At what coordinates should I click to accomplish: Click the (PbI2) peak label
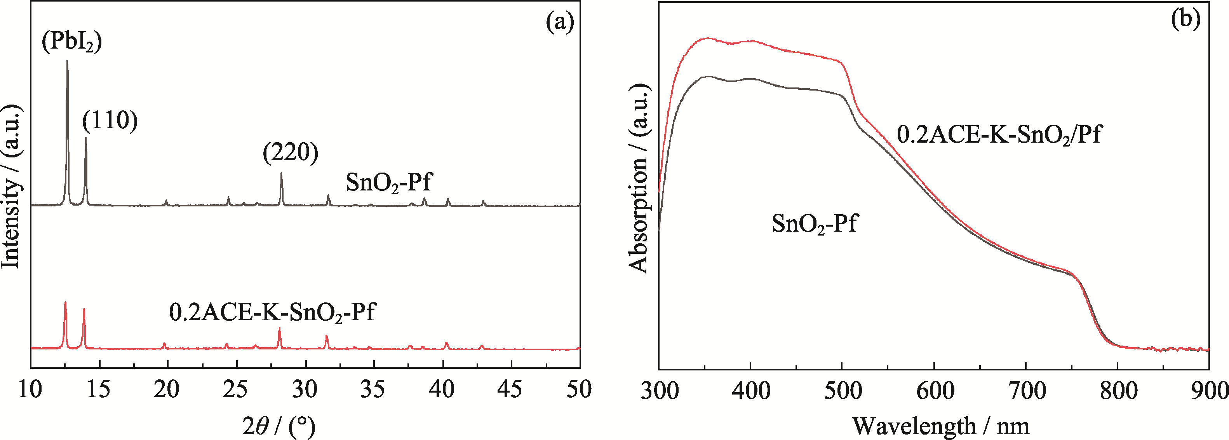[72, 42]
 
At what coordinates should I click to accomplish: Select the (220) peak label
[291, 153]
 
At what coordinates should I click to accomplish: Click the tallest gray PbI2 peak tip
[67, 61]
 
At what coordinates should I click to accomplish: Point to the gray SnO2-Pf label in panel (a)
[388, 182]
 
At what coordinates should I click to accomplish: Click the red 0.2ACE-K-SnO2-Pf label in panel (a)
[272, 313]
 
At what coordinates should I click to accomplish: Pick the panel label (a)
[560, 22]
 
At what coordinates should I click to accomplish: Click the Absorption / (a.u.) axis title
[639, 178]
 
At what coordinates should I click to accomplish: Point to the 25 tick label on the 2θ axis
[236, 390]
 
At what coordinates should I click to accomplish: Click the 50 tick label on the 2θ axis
[579, 390]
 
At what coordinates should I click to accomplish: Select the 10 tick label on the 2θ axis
[31, 390]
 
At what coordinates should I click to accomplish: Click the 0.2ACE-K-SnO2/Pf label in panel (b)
[999, 135]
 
